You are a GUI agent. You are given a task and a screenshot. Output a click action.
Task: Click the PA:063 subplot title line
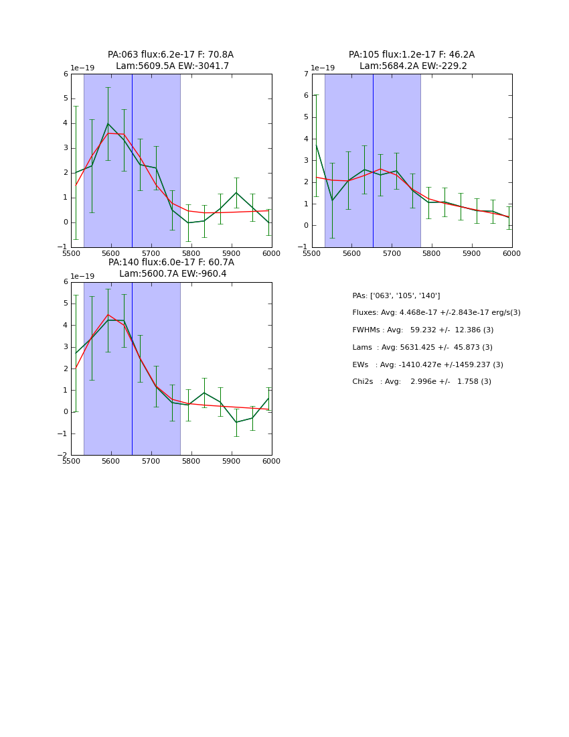(171, 55)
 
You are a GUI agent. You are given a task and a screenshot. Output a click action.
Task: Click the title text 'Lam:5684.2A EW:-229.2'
(413, 66)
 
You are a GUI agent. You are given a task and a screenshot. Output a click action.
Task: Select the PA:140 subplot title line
(171, 263)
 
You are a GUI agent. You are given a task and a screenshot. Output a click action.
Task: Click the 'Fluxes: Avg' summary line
(436, 313)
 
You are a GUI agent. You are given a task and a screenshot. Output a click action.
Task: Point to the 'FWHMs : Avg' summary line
(422, 330)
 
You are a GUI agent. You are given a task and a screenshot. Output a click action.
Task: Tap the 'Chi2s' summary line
(422, 382)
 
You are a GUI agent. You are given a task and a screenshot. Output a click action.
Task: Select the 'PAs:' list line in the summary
(396, 296)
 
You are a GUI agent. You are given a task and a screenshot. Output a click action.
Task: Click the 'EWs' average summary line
(428, 365)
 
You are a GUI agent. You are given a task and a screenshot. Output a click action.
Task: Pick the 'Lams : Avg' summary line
(422, 348)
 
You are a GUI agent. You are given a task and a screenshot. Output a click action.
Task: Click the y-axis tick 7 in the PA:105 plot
(305, 74)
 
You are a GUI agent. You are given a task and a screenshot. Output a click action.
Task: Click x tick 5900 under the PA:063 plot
(232, 253)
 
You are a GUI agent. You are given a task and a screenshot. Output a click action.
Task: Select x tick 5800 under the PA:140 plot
(191, 462)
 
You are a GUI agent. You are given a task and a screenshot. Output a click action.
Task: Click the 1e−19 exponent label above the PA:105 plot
(323, 68)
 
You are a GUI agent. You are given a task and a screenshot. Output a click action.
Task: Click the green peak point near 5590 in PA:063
(108, 123)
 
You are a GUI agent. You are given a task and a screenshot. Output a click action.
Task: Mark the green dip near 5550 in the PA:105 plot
(332, 200)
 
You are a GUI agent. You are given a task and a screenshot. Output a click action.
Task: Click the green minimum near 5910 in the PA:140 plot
(236, 422)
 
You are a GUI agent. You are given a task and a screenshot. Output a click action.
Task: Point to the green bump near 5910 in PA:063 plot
(236, 193)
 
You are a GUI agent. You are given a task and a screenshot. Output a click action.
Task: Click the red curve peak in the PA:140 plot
(108, 314)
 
